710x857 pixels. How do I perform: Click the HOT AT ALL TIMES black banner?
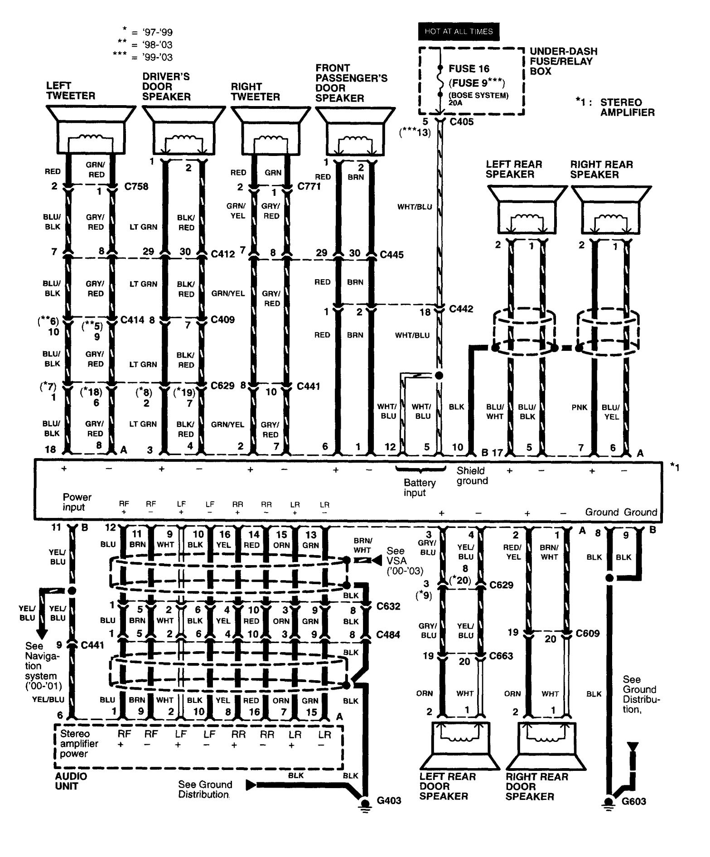point(458,31)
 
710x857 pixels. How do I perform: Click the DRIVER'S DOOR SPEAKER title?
point(166,87)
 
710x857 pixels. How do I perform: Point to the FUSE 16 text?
point(469,69)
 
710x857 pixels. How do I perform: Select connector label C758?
point(136,187)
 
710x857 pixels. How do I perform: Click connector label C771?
point(309,186)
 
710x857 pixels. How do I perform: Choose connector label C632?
point(388,606)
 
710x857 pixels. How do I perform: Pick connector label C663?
point(501,656)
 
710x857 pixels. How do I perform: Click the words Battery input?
point(419,488)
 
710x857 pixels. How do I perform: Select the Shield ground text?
point(472,476)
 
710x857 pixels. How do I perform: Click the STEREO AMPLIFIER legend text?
point(627,107)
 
